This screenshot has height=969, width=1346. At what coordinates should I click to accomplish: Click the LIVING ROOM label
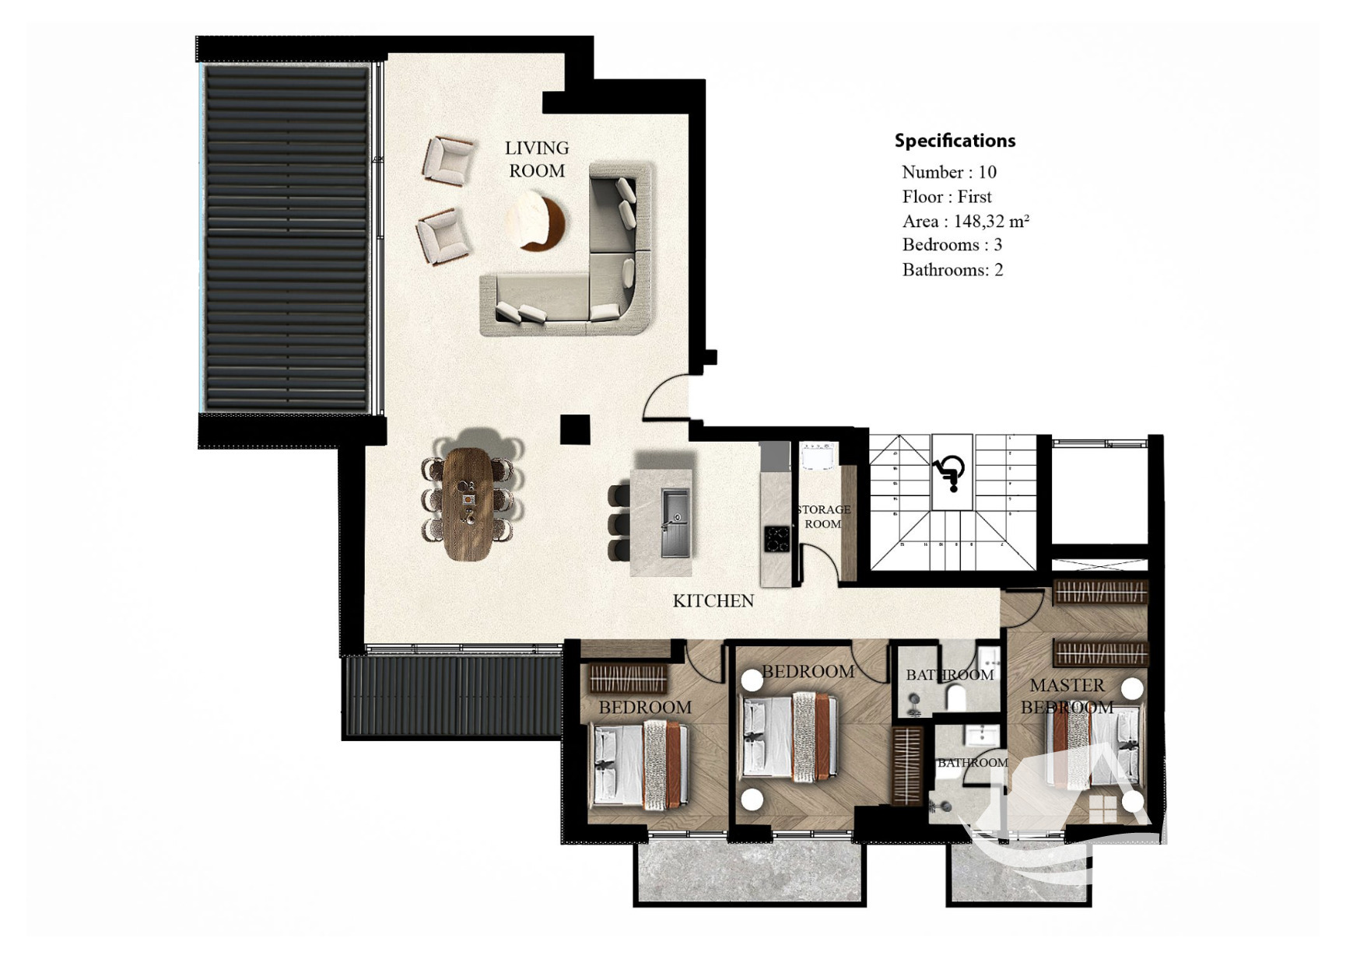pos(537,159)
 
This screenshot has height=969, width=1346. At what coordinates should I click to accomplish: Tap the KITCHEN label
pos(713,600)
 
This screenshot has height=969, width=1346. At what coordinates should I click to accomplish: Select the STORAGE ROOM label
pos(823,516)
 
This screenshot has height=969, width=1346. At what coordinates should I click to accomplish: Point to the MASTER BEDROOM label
pos(1067,696)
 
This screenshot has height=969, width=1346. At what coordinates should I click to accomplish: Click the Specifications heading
pos(955,141)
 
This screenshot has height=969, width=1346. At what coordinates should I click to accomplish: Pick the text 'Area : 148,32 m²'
pos(966,221)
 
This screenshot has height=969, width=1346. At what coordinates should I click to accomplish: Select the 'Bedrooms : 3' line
pos(952,245)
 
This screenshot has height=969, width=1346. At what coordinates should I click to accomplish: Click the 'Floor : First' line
pos(947,197)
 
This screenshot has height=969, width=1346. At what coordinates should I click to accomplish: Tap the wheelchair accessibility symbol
pos(950,472)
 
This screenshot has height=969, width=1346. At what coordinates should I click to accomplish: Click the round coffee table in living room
pos(535,222)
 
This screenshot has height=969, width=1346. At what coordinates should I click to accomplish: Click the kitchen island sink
pos(675,522)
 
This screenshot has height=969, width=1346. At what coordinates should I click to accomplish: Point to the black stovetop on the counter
pos(776,539)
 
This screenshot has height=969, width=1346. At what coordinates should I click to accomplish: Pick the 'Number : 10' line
pos(949,172)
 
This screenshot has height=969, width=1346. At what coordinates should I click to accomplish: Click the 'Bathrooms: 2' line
pos(952,270)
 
